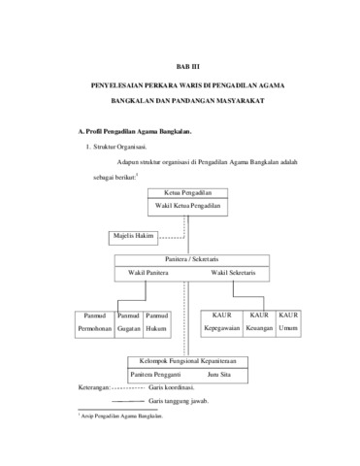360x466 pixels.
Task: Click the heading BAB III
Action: pyautogui.click(x=187, y=67)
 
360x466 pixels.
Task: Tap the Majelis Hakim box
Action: pyautogui.click(x=133, y=238)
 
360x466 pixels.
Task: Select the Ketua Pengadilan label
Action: pyautogui.click(x=187, y=193)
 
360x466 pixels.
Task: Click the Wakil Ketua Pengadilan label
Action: pyautogui.click(x=187, y=206)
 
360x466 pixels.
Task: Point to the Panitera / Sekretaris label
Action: pyautogui.click(x=192, y=259)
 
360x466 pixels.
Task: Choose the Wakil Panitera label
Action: pyautogui.click(x=148, y=273)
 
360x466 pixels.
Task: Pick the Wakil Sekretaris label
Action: pyautogui.click(x=233, y=273)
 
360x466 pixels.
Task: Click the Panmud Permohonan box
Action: pyautogui.click(x=95, y=324)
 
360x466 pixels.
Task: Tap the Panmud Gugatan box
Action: pyautogui.click(x=129, y=324)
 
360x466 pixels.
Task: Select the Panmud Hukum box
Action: pyautogui.click(x=157, y=324)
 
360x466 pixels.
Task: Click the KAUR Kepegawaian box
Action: pyautogui.click(x=222, y=324)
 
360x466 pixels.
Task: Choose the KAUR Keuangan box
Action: pyautogui.click(x=259, y=324)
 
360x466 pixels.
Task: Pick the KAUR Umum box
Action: pyautogui.click(x=288, y=324)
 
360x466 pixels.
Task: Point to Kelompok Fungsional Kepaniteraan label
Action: pyautogui.click(x=187, y=361)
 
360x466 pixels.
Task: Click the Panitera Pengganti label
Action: pyautogui.click(x=155, y=375)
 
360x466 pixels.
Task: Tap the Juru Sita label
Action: pyautogui.click(x=219, y=375)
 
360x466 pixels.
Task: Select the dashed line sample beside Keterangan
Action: pyautogui.click(x=128, y=387)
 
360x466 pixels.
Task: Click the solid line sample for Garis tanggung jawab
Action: pyautogui.click(x=128, y=401)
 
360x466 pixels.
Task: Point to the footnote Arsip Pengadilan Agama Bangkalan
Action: pyautogui.click(x=121, y=416)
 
